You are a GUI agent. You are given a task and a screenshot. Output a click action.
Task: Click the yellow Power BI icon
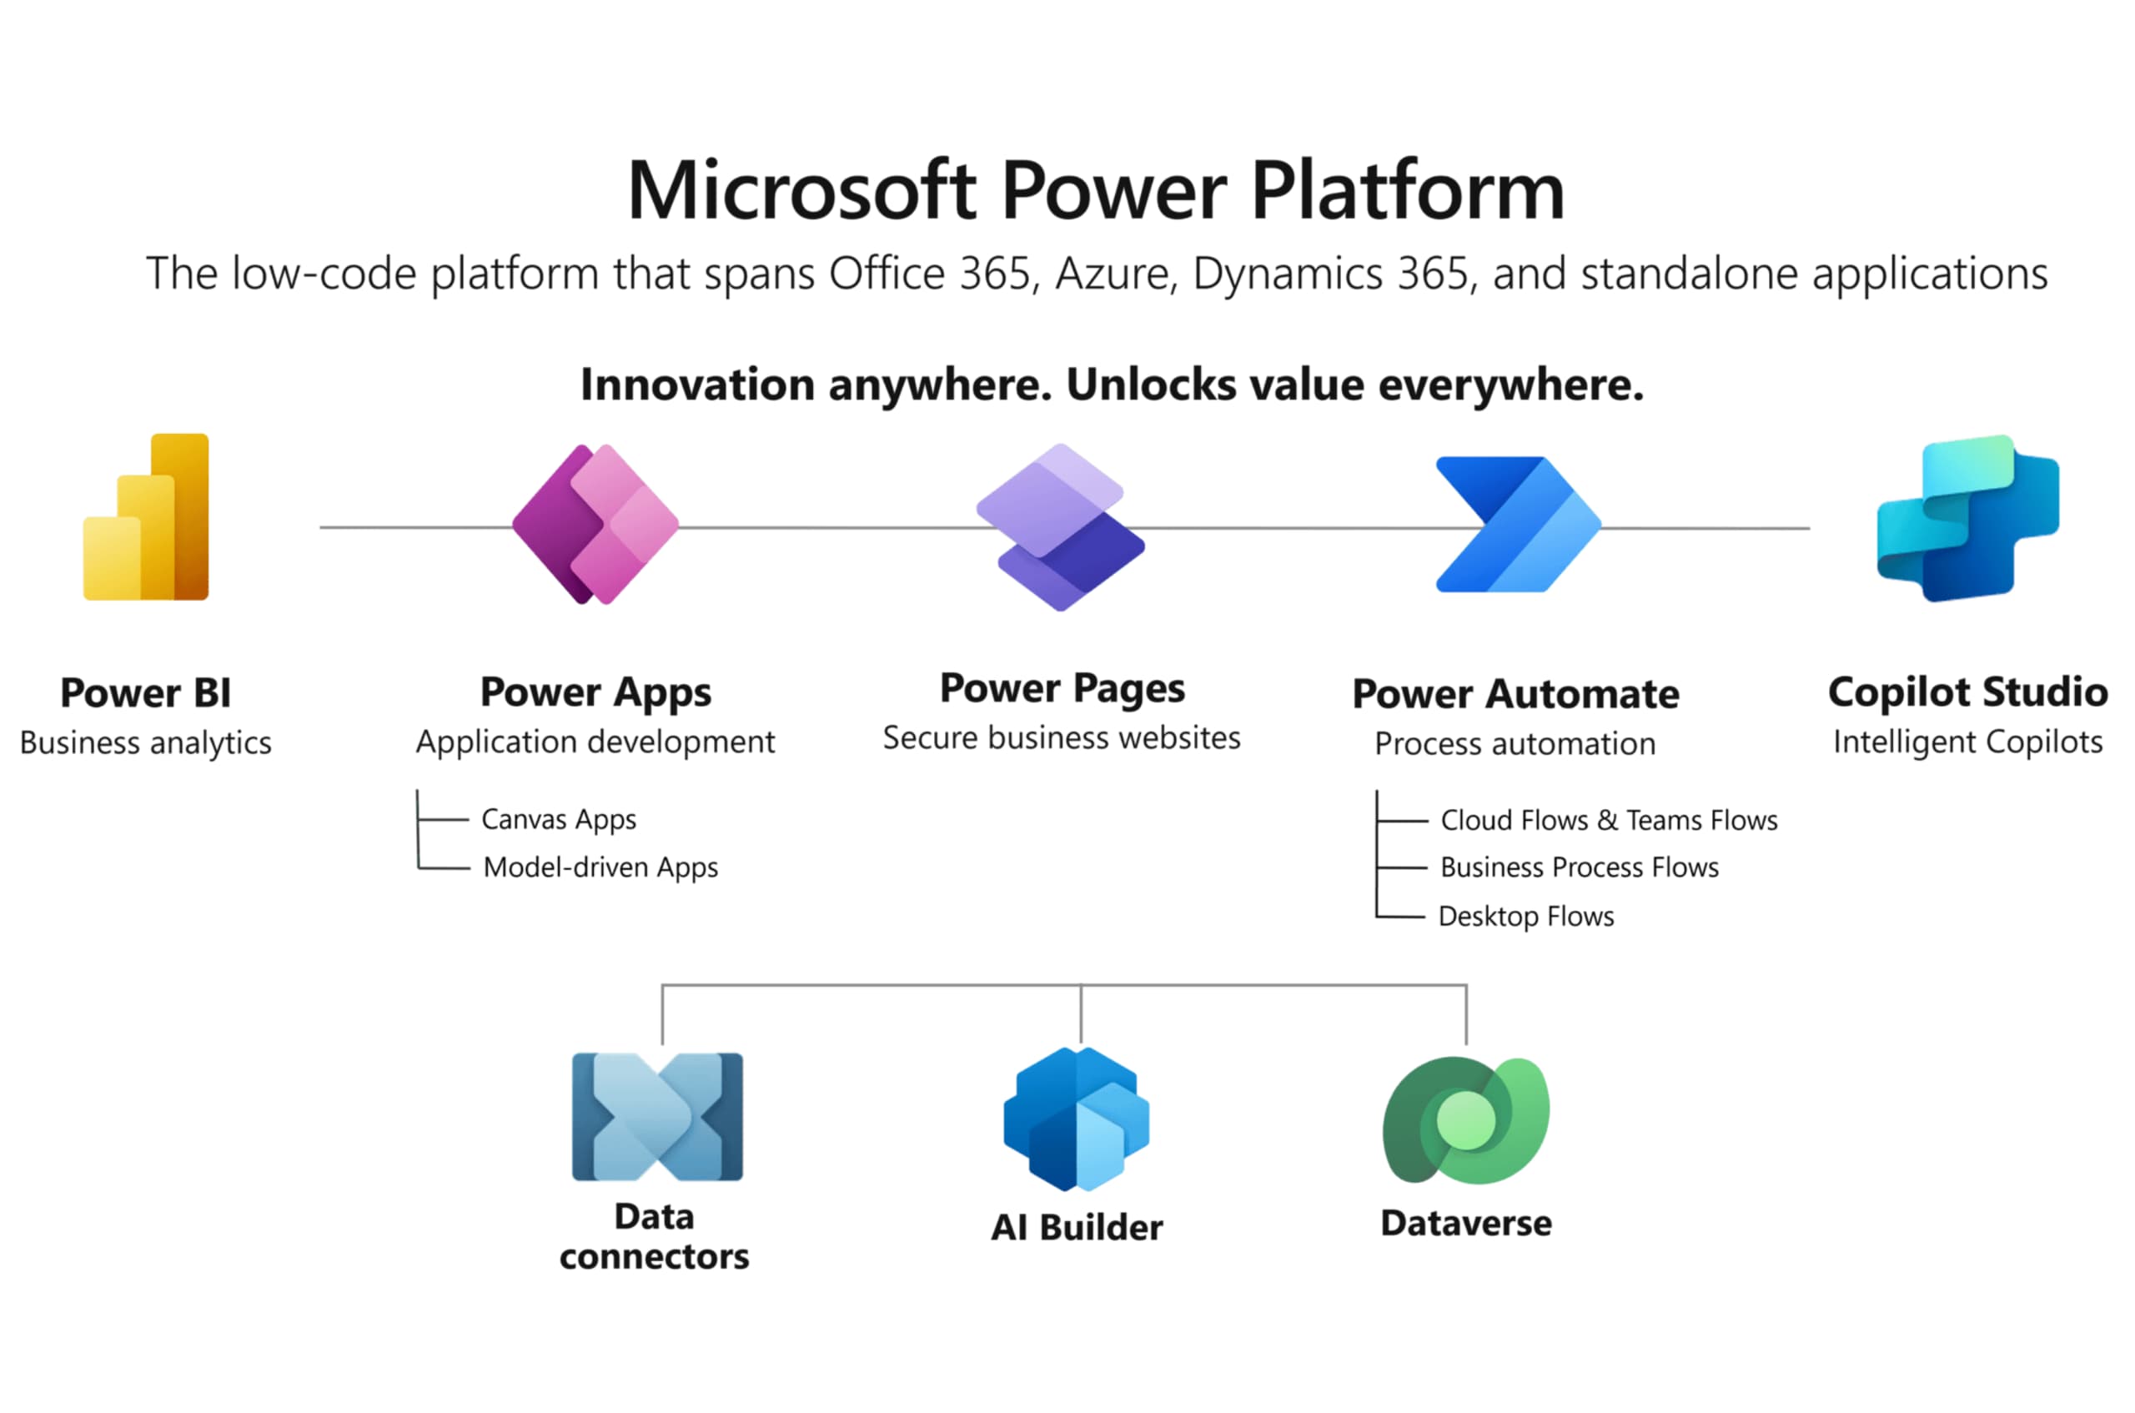(146, 517)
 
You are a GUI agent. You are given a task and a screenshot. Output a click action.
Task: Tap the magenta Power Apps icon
(595, 525)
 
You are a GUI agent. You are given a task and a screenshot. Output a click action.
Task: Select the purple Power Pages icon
(1060, 527)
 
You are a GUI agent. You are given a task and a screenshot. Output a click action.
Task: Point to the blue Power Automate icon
(1518, 525)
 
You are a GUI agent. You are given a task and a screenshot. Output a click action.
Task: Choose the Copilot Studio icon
(1967, 518)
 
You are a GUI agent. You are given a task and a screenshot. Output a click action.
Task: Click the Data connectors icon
(658, 1117)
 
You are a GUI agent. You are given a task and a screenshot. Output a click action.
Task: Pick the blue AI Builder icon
(1077, 1119)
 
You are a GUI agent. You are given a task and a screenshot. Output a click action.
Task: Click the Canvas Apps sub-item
(559, 819)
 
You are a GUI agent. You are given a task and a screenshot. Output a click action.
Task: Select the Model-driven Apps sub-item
(600, 867)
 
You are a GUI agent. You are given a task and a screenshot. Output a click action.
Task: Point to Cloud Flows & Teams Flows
(1609, 820)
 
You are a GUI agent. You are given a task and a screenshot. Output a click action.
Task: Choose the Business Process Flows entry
(1580, 867)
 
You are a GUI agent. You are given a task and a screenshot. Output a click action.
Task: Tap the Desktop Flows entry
(1526, 917)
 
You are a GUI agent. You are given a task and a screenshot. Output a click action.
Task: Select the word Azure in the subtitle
(1115, 274)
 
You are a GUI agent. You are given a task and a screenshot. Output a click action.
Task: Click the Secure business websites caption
(1061, 738)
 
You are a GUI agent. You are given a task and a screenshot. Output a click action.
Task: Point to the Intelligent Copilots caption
(1967, 742)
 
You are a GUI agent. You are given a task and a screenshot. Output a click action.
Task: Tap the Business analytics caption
(146, 742)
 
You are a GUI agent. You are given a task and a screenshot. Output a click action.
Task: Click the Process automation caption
(1515, 743)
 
